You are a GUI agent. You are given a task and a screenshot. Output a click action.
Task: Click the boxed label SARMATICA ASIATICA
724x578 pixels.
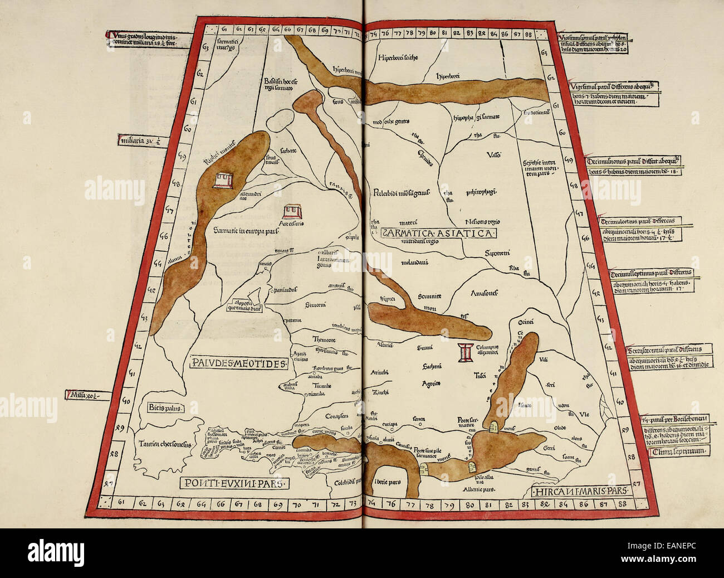coord(438,234)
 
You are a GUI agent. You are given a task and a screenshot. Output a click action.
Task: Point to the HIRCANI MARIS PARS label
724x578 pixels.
coord(580,491)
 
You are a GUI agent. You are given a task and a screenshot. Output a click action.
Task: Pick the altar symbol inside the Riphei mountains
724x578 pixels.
coord(224,179)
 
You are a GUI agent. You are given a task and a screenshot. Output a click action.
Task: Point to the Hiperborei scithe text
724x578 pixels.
coord(398,57)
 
